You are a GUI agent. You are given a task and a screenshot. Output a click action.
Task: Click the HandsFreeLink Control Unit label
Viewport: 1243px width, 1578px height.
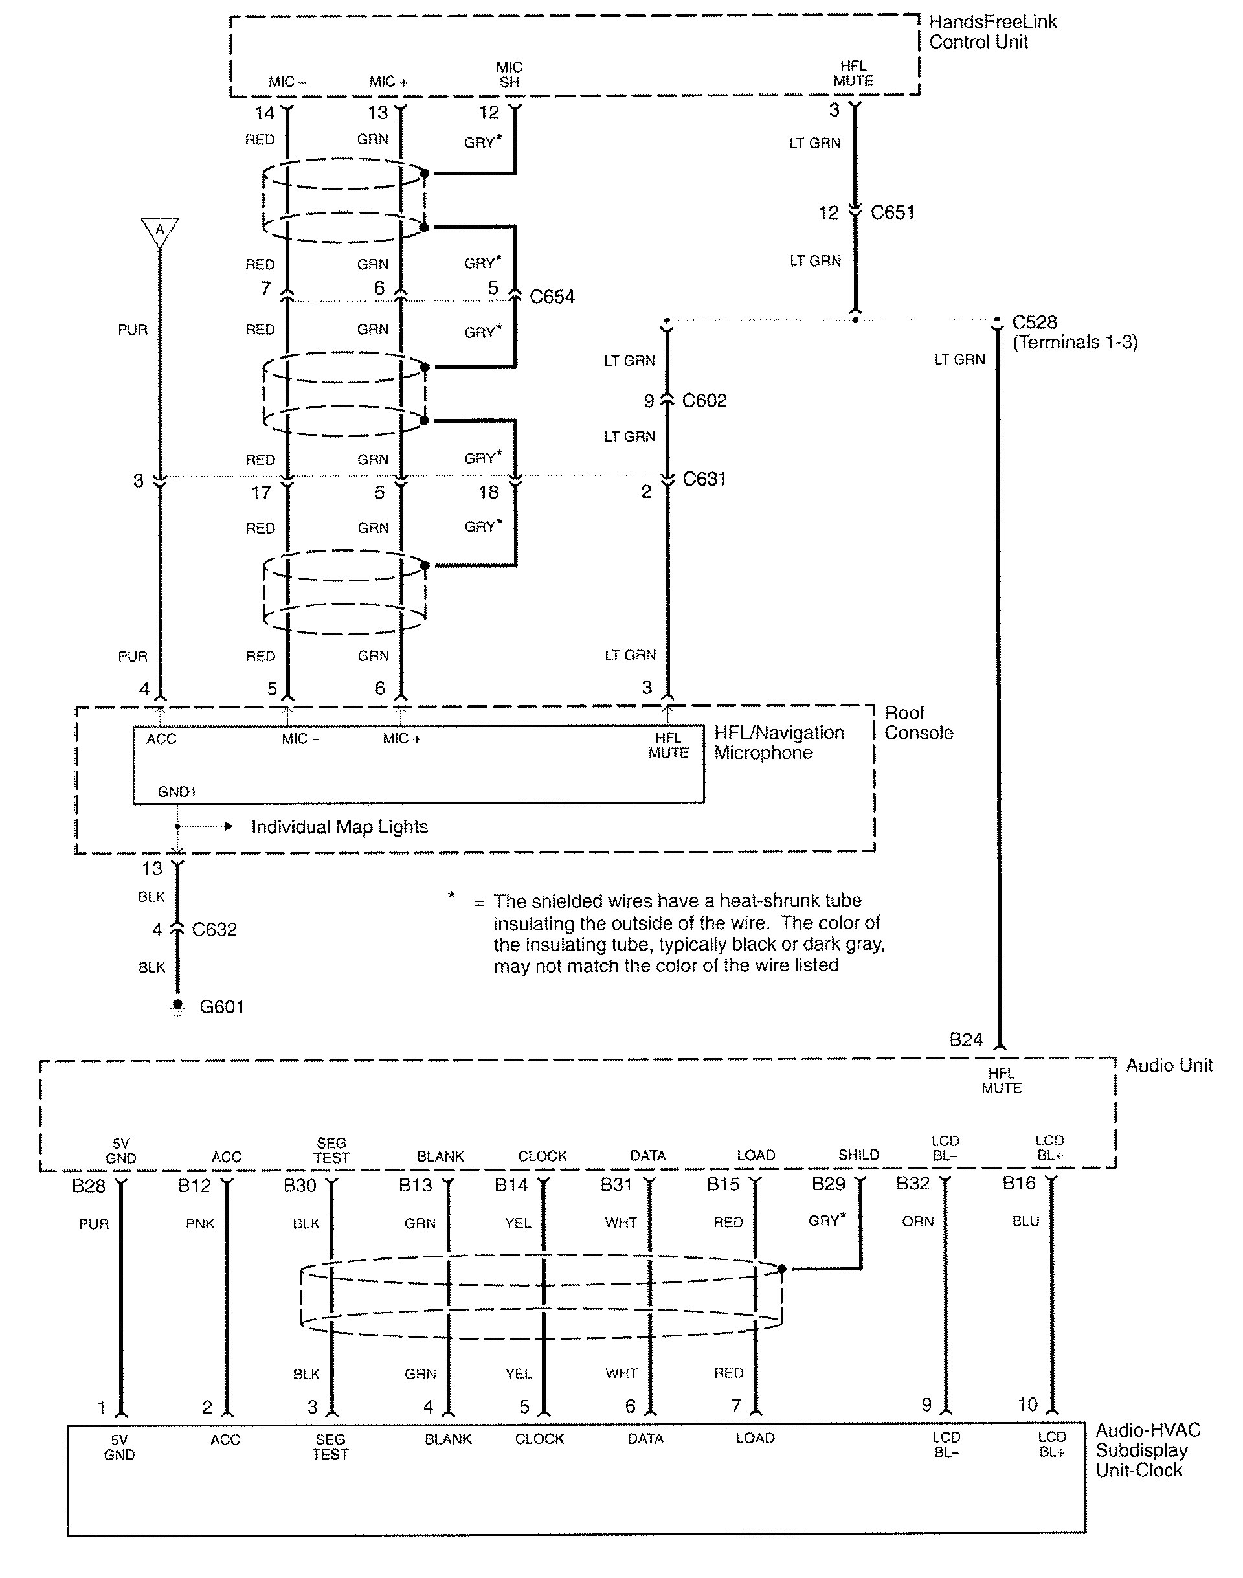coord(992,32)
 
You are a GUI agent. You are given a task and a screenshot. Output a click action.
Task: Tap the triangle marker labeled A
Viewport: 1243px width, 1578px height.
coord(160,231)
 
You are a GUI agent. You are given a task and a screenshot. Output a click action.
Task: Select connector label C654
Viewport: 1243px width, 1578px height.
coord(552,297)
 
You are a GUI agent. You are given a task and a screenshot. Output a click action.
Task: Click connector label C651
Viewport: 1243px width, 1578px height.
coord(892,212)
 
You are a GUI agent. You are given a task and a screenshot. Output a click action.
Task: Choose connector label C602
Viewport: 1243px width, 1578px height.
coord(704,401)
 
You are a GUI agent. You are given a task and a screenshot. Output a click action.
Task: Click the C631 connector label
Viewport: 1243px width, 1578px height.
coord(704,479)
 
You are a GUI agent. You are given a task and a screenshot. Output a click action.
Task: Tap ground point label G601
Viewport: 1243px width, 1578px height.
coord(221,1007)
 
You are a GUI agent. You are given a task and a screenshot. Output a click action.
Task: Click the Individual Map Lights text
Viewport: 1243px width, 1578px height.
coord(339,827)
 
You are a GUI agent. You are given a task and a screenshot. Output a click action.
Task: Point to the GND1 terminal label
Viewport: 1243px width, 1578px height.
coord(177,792)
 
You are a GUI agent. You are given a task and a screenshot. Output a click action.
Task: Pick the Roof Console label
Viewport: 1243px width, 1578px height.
coord(918,723)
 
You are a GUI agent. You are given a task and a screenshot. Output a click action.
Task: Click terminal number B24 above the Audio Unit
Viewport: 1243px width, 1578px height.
coord(966,1040)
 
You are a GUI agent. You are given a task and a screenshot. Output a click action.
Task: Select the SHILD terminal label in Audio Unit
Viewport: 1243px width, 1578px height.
coord(858,1155)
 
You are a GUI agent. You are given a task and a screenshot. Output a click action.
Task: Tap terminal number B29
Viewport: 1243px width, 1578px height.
coord(828,1184)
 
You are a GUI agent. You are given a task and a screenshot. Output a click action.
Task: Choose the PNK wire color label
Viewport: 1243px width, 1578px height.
coord(199,1224)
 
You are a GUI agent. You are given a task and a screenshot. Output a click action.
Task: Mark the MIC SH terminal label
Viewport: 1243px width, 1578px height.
coord(510,75)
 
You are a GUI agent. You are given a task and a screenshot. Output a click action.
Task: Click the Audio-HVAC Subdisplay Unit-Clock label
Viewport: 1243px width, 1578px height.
coord(1148,1450)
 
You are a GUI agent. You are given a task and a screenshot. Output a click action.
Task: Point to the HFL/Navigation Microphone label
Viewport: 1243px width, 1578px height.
coord(778,743)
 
